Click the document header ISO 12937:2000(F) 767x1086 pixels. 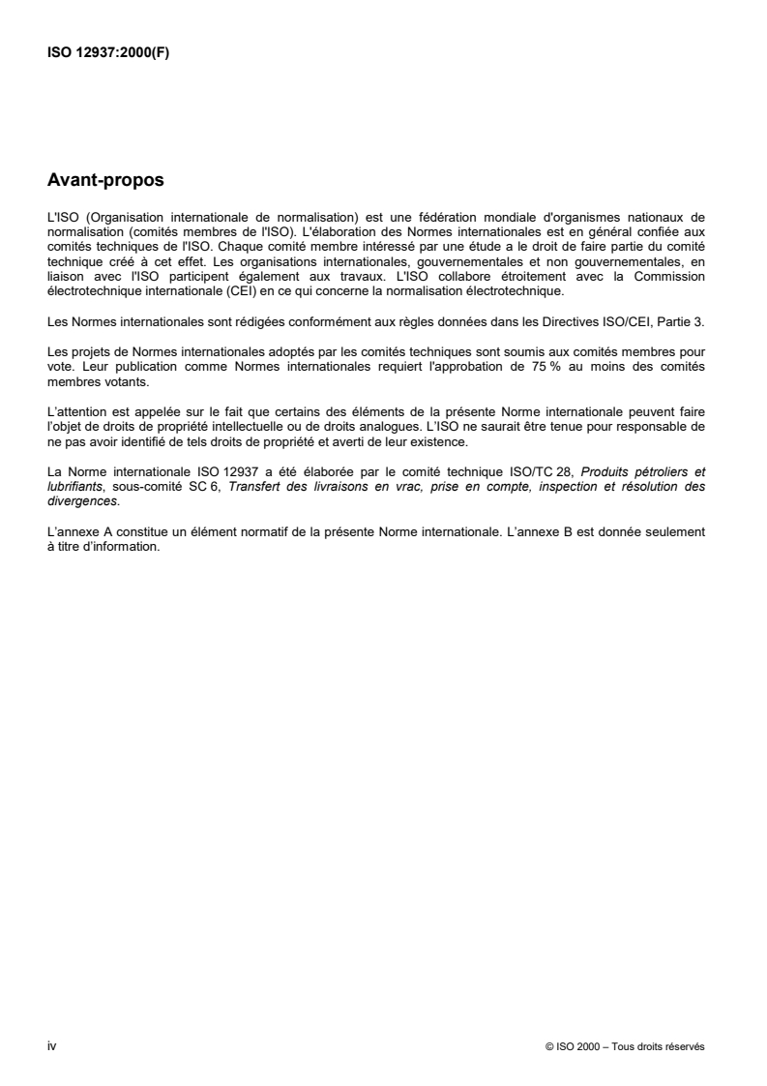[108, 55]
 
